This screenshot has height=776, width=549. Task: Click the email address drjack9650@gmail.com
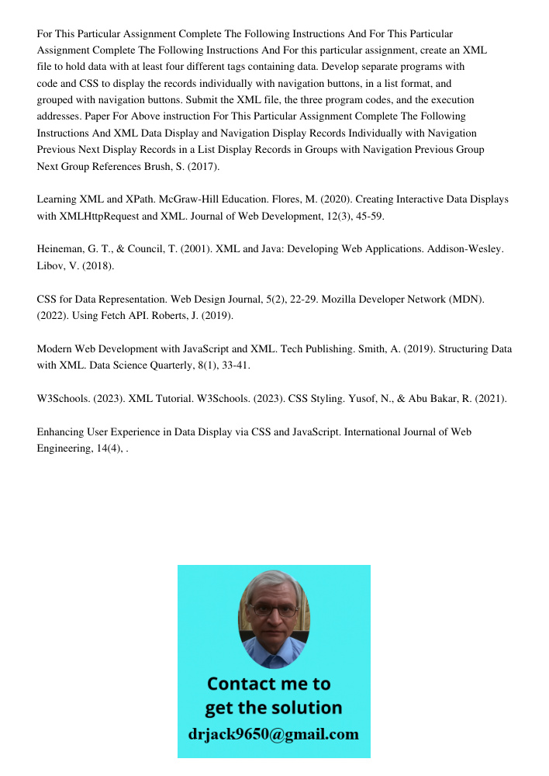(274, 733)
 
